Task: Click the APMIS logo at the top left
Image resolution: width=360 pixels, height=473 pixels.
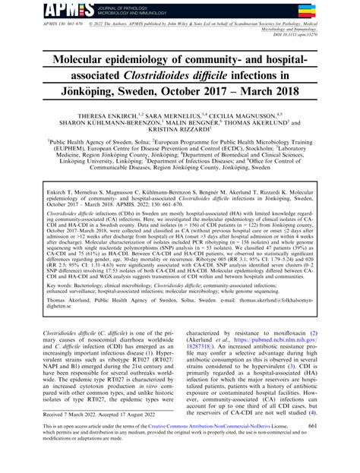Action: coord(27,9)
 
